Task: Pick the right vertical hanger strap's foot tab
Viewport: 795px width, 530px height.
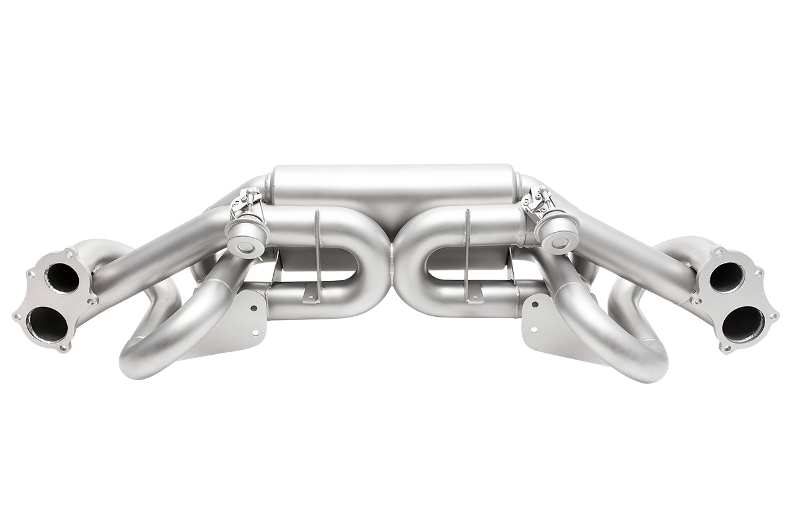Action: (x=477, y=291)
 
